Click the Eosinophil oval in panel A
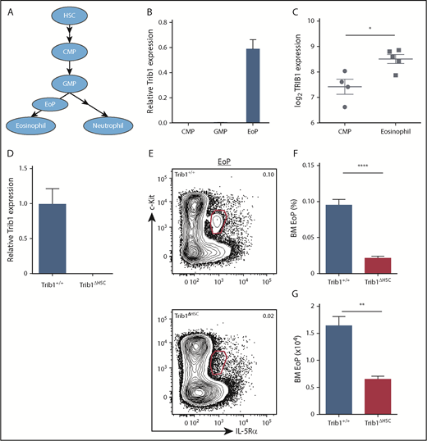pos(31,125)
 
